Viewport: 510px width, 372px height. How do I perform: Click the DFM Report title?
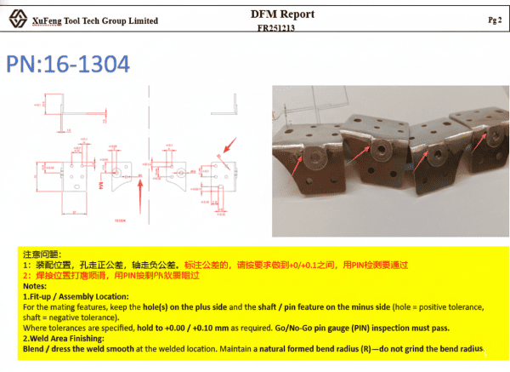282,14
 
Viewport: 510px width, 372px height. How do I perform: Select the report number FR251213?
282,27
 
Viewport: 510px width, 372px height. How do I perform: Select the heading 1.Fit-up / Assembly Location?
75,295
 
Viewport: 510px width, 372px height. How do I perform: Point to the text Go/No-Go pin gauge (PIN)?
339,326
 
